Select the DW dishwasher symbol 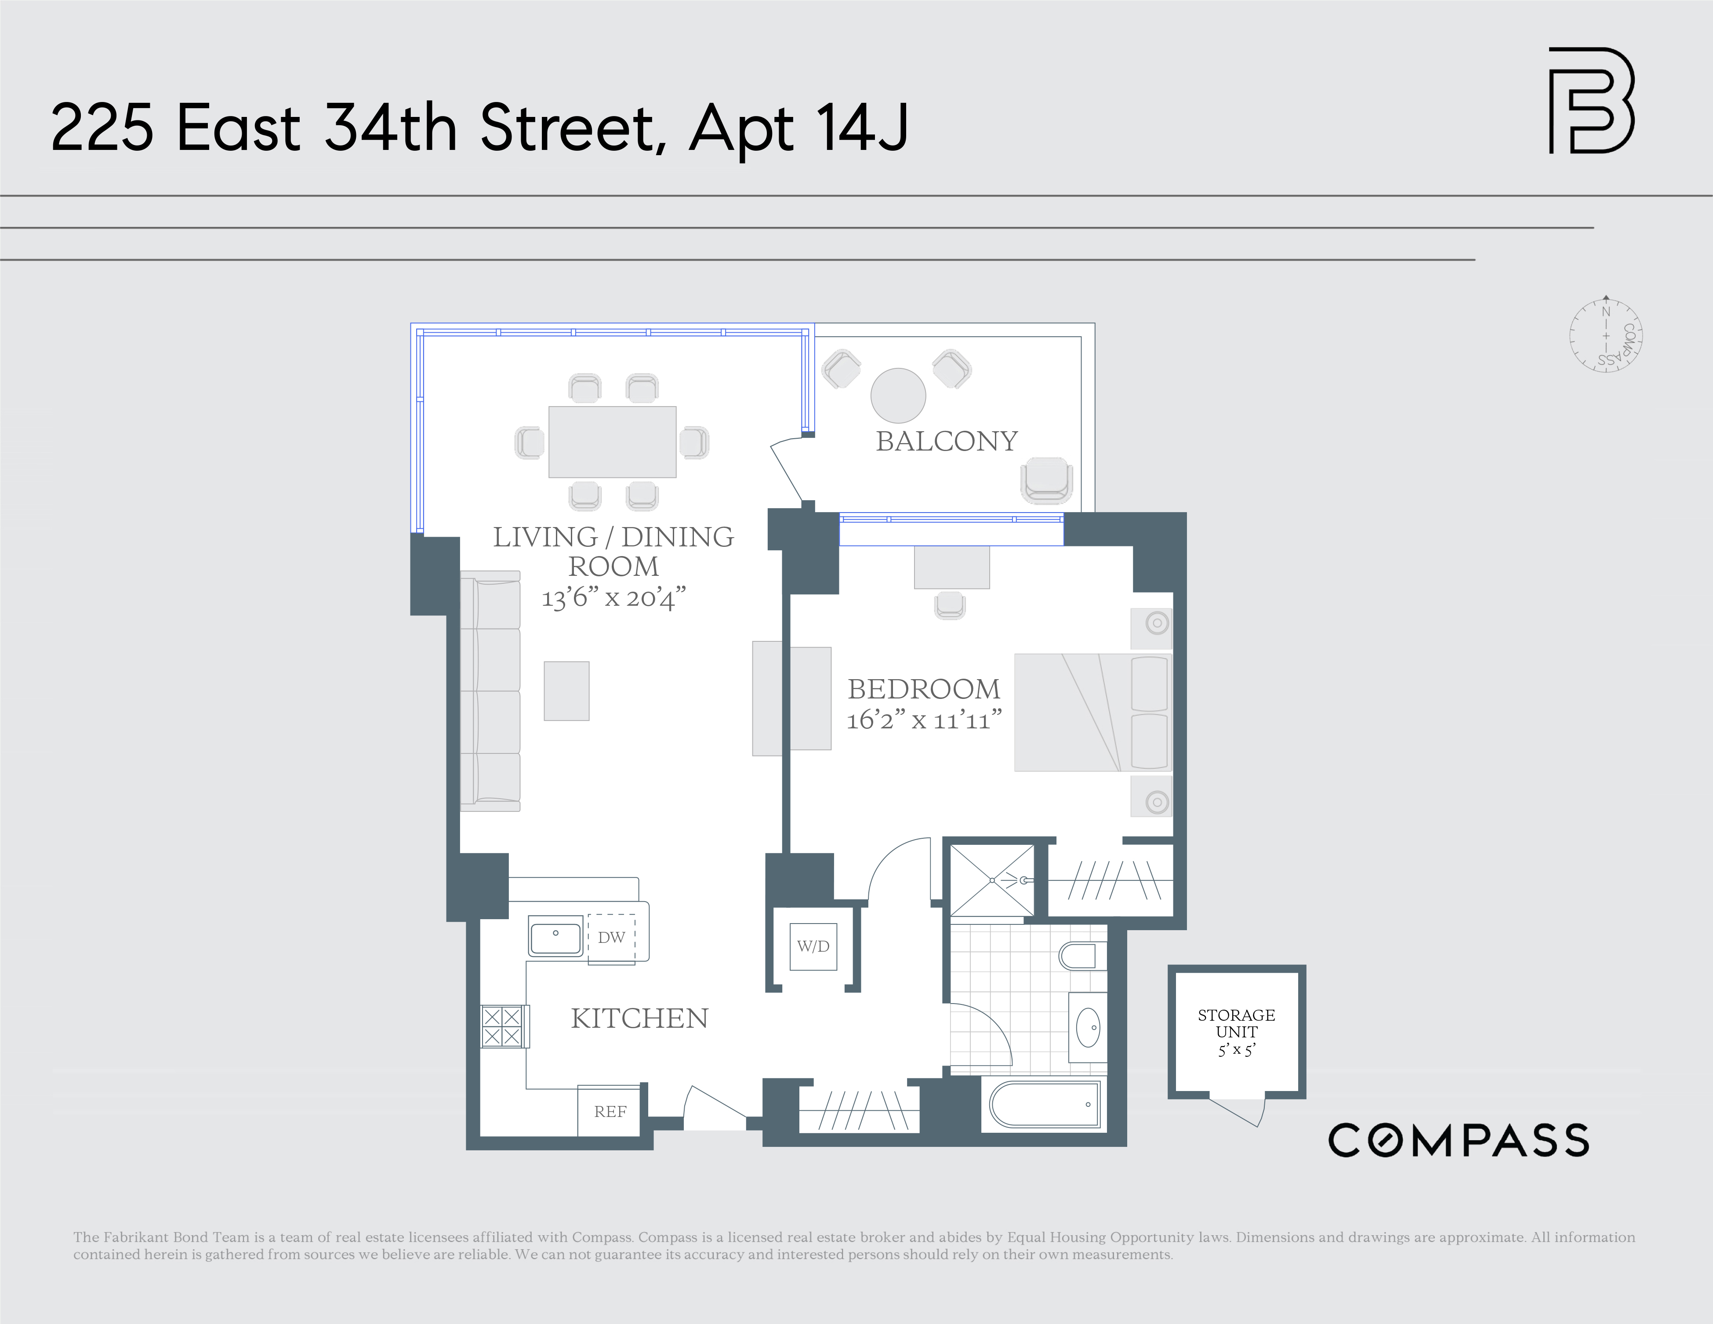click(611, 937)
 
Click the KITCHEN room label click(639, 1018)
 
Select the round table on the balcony click(898, 395)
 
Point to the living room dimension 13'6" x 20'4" click(613, 598)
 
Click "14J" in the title click(861, 128)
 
